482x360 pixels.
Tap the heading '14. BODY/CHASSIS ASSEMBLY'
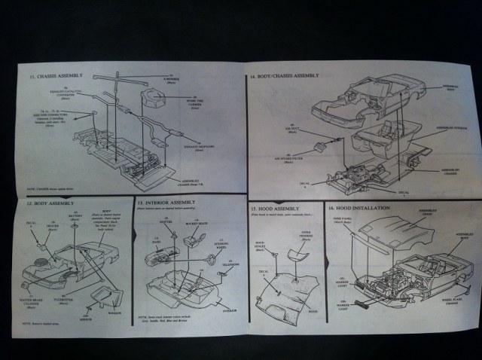288,76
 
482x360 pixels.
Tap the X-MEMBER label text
172,76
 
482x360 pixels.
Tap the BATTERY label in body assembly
76,215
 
